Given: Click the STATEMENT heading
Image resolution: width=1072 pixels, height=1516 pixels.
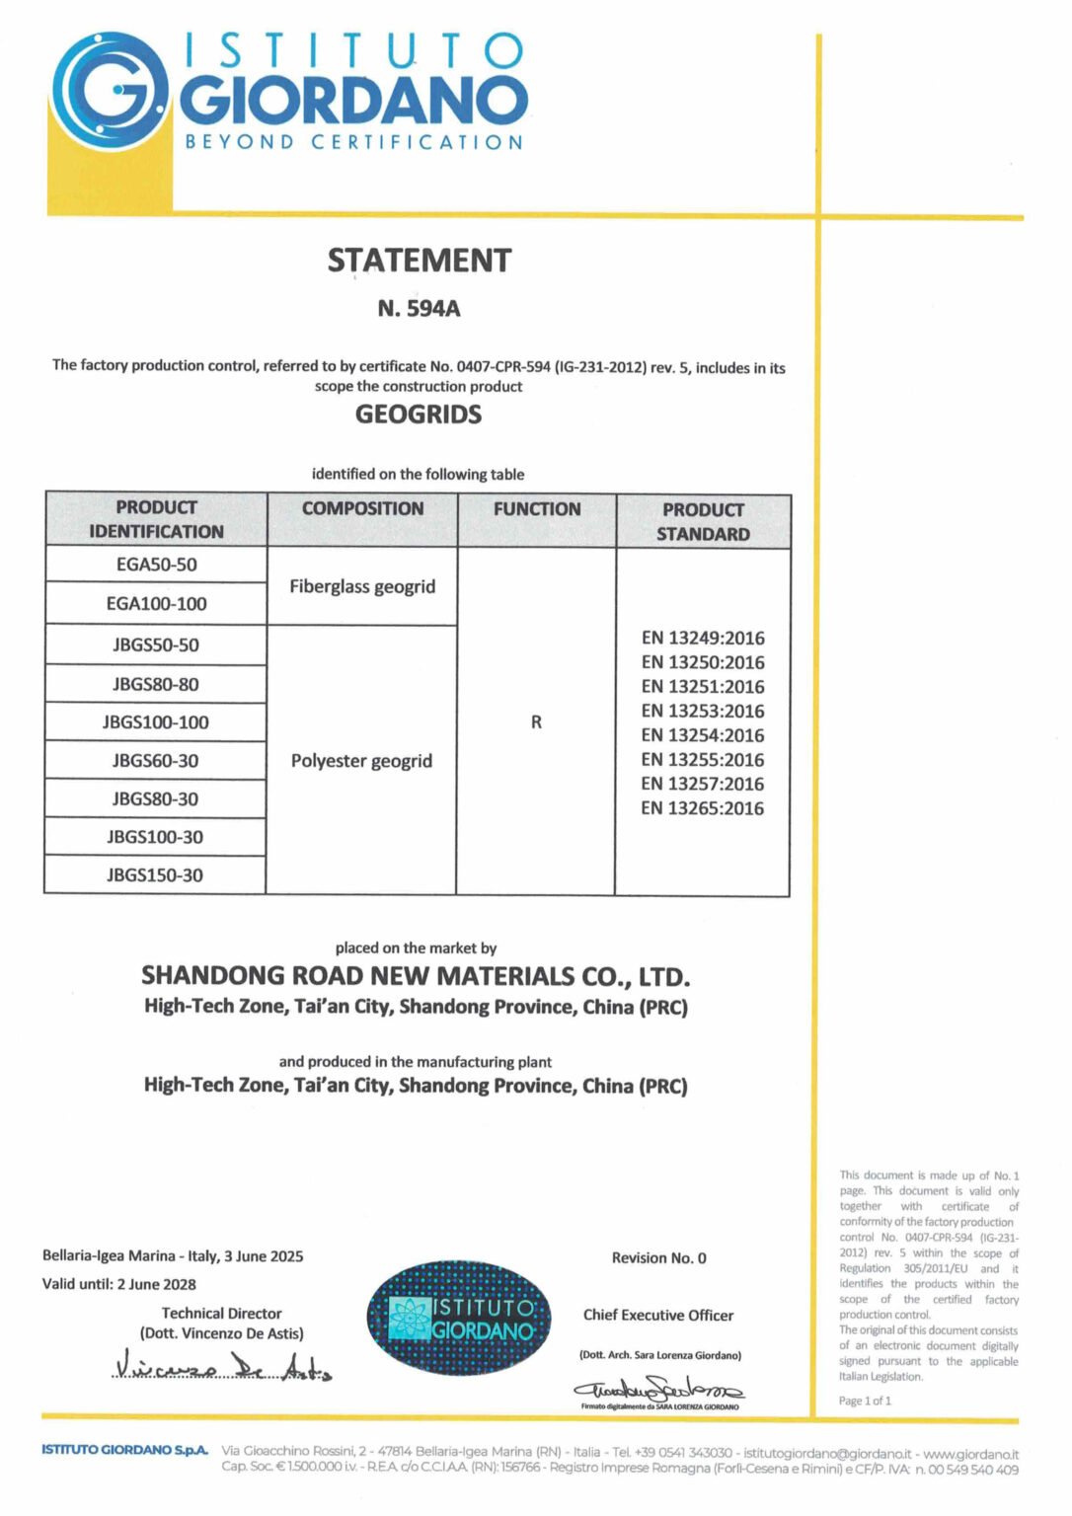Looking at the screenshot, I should click(420, 261).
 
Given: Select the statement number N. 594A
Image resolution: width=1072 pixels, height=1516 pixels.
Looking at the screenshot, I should click(419, 309).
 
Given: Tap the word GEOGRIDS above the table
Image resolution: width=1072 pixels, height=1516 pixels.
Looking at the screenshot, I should click(419, 415).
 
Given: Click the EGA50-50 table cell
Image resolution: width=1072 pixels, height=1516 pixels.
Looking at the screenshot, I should click(156, 565).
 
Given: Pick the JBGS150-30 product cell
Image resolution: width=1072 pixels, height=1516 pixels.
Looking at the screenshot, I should click(155, 875).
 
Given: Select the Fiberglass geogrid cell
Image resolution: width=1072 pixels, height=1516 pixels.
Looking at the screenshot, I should click(362, 586).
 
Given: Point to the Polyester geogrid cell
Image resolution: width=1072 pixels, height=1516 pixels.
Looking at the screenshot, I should click(361, 761).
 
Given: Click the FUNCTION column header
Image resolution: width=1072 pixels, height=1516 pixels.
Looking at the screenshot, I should click(537, 509).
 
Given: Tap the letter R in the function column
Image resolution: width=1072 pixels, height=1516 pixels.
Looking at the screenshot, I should click(536, 722).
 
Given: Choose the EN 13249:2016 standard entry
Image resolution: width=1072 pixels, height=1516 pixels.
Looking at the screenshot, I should click(703, 639).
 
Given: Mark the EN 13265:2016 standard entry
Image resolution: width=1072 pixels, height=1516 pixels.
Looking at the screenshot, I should click(702, 808).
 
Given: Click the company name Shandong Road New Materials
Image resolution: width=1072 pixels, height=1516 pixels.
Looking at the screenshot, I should click(416, 977).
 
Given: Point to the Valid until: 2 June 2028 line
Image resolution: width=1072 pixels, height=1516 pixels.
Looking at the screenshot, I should click(118, 1284).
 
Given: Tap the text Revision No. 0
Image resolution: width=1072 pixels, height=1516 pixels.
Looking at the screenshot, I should click(658, 1258).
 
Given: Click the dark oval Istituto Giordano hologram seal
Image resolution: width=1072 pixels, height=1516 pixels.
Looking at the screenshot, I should click(459, 1319).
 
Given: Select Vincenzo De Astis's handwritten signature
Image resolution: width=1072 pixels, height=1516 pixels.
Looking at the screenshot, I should click(223, 1367).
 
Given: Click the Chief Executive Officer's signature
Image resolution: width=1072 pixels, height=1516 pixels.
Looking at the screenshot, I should click(659, 1389).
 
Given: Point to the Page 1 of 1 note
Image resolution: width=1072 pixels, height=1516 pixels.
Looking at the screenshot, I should click(865, 1401).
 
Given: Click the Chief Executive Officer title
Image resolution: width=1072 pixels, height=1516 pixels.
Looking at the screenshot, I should click(658, 1316).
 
